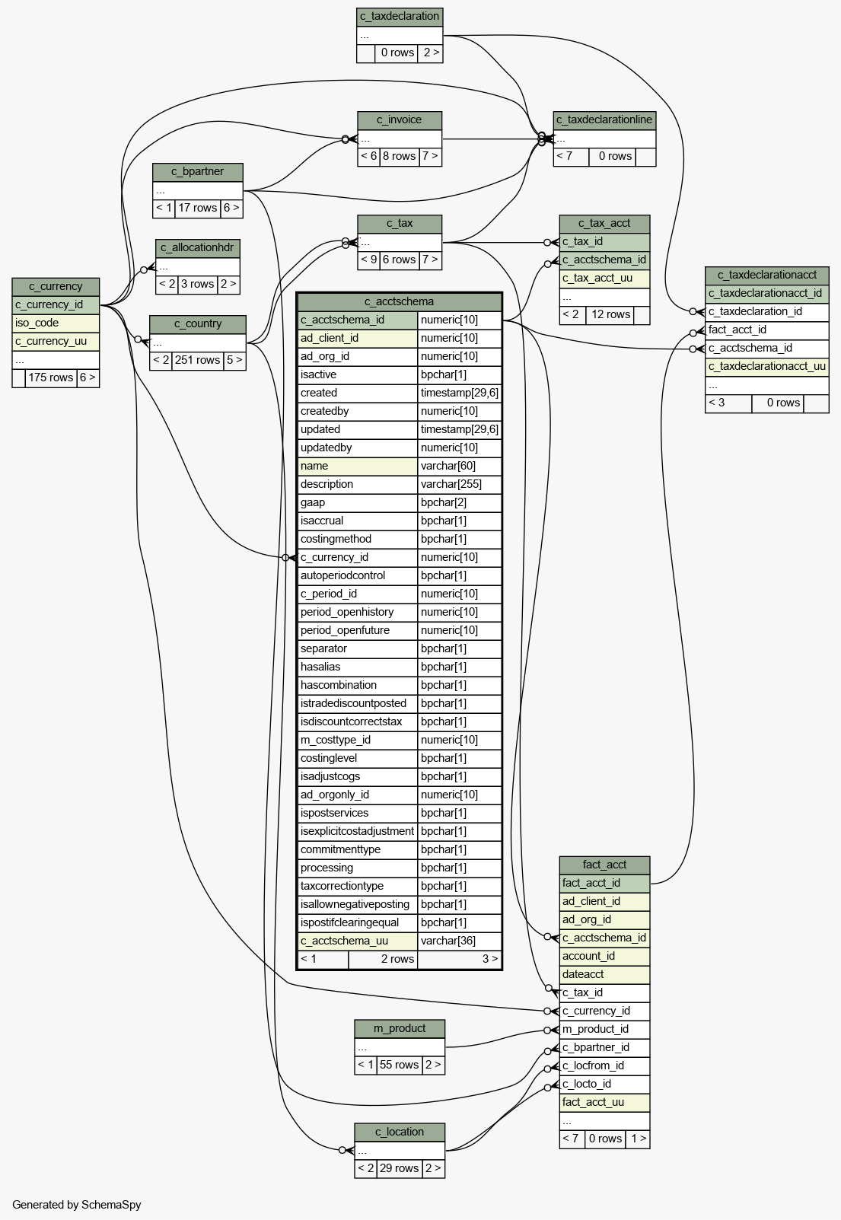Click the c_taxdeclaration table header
click(x=400, y=17)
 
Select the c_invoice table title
click(x=400, y=120)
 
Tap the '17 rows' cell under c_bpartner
click(x=198, y=208)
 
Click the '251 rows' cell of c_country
click(x=198, y=361)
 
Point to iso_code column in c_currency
click(x=56, y=323)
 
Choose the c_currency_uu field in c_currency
click(x=56, y=342)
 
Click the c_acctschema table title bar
click(x=400, y=301)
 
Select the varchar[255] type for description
click(x=459, y=484)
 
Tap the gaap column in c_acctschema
click(x=358, y=503)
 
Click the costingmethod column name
click(x=358, y=539)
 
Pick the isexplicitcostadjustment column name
click(x=358, y=831)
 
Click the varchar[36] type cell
click(x=459, y=941)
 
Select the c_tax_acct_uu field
click(x=604, y=279)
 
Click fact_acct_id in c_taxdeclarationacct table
click(x=767, y=330)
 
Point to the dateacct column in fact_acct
click(x=604, y=974)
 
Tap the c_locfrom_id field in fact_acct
click(x=604, y=1066)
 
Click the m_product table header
click(x=400, y=1028)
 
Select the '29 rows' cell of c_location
click(x=400, y=1168)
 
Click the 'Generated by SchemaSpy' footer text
click(x=77, y=1205)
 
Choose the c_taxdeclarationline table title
click(x=604, y=120)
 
